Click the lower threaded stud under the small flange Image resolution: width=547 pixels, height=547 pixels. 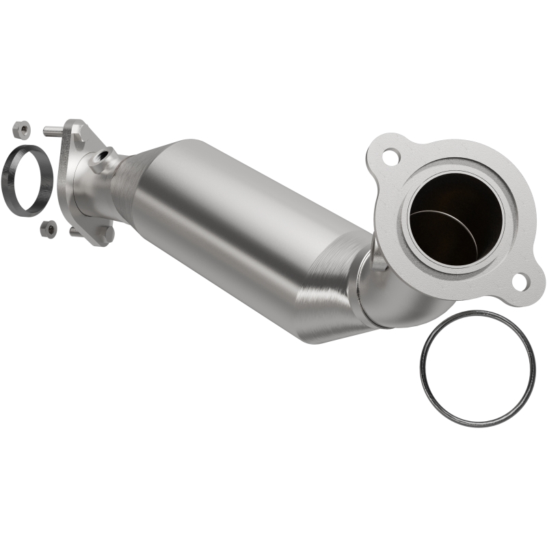tap(75, 231)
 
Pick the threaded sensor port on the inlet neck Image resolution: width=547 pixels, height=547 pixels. tap(102, 161)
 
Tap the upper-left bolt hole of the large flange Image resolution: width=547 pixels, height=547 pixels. tap(390, 156)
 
